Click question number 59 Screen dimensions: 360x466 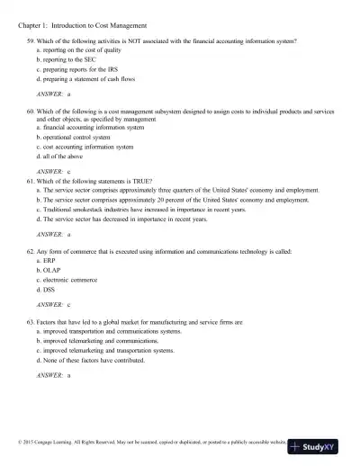pos(31,42)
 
